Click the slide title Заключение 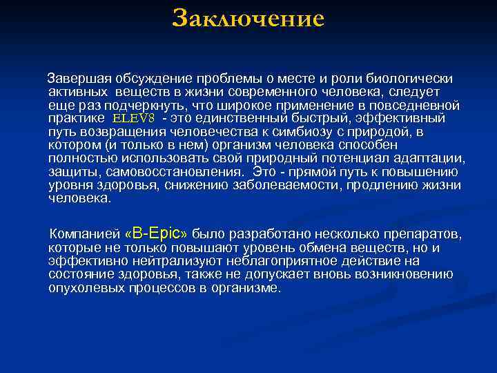[x=248, y=19]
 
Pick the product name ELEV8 [x=137, y=119]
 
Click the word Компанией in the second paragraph [x=85, y=234]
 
